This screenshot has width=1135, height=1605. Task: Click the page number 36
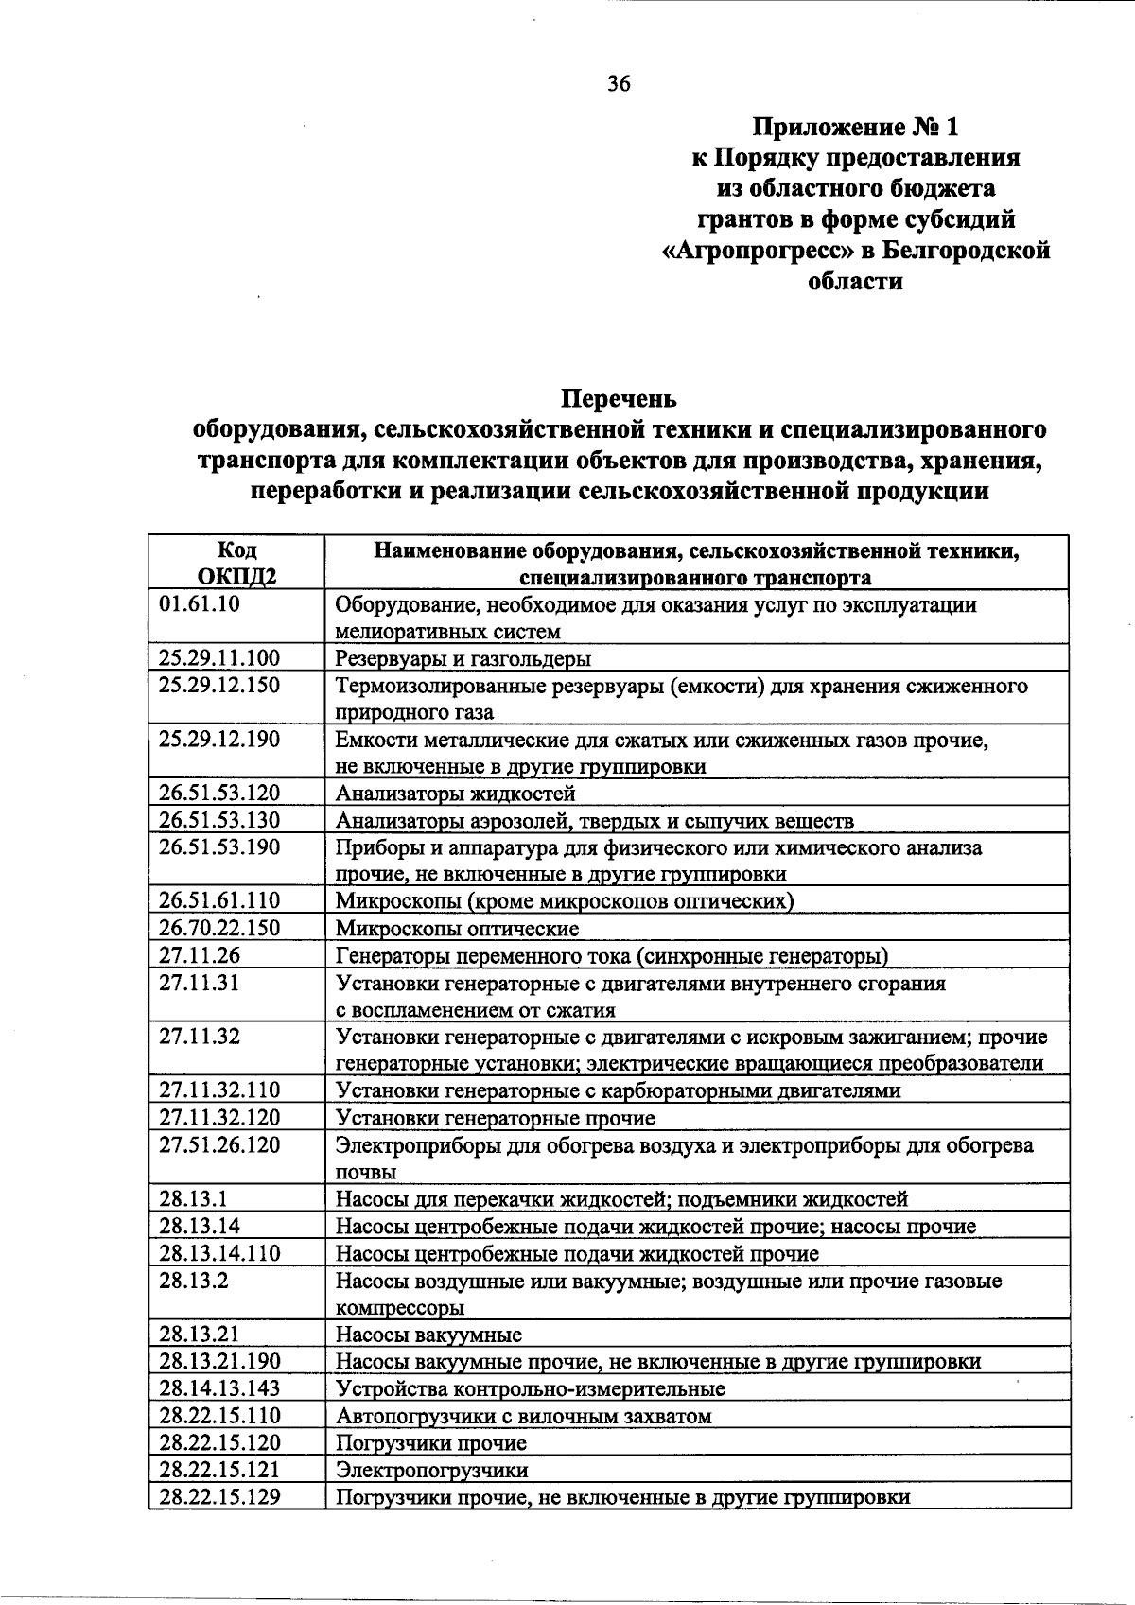coord(619,84)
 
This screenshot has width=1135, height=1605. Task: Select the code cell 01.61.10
coord(200,604)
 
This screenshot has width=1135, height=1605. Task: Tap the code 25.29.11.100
coord(219,658)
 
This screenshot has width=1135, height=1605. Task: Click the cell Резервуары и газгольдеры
coord(463,659)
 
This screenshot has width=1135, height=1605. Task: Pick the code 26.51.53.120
coord(219,794)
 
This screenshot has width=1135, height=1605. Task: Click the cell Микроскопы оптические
coord(458,929)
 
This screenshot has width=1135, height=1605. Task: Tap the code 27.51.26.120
coord(219,1145)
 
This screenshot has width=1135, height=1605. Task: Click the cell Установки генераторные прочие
coord(496,1119)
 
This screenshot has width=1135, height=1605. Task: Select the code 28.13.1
coord(193,1199)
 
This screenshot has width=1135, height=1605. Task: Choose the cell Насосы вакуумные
coord(429,1335)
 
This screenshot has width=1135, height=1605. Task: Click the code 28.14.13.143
coord(219,1388)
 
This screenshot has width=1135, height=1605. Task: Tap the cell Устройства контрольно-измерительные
coord(531,1389)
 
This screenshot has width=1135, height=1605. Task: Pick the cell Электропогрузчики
coord(432,1471)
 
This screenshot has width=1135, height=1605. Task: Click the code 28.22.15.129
coord(219,1497)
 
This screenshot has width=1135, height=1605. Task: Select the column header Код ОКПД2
coord(236,564)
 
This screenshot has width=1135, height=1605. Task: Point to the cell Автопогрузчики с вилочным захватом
coord(524,1417)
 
